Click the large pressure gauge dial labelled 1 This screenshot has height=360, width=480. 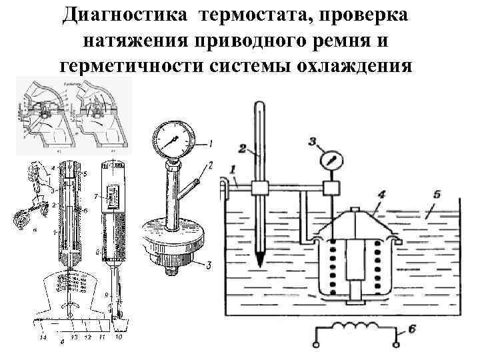point(174,141)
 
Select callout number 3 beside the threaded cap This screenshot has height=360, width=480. point(209,265)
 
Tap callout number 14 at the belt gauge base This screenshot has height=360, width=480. point(42,339)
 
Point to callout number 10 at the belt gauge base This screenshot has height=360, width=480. point(119,338)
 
